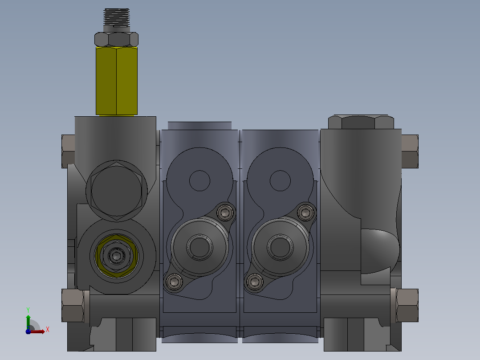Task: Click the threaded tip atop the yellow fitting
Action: tap(116, 17)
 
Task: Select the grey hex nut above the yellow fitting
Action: tap(116, 39)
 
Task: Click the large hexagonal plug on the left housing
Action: tap(116, 191)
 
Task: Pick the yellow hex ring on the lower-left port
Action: tap(116, 256)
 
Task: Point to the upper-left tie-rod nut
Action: tap(68, 151)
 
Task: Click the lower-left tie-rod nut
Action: tap(73, 305)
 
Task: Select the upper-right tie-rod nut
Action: tap(410, 151)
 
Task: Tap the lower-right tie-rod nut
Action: tap(407, 305)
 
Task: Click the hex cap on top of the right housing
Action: tap(361, 122)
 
